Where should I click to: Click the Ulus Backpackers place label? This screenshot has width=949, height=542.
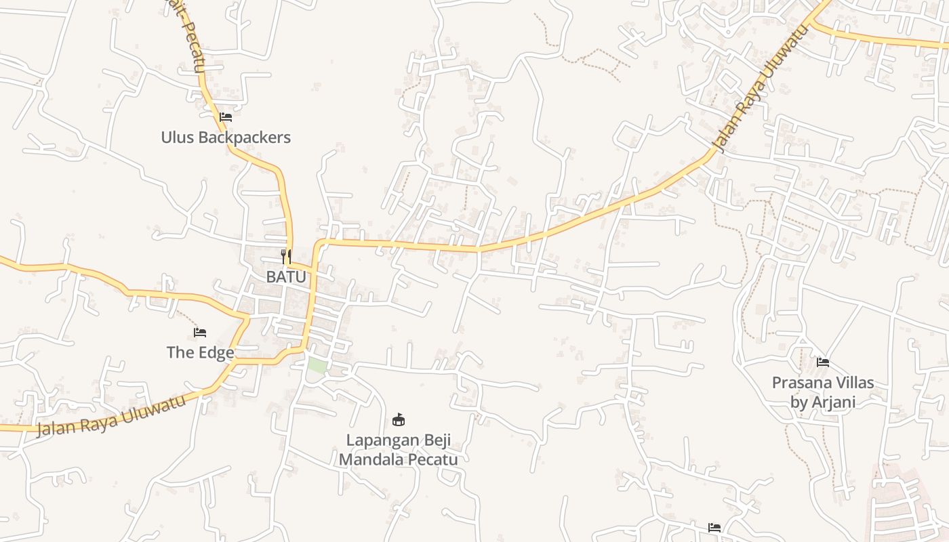coord(226,138)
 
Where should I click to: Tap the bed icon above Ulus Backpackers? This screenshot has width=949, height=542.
coord(226,117)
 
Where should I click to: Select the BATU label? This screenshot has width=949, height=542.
coord(286,276)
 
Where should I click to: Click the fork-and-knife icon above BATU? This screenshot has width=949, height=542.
coord(286,256)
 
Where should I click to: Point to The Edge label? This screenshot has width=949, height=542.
coord(201,352)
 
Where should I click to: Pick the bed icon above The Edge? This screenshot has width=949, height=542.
coord(200,332)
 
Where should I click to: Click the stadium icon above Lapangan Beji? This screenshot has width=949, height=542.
coord(399,419)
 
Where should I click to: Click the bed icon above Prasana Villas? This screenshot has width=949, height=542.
coord(823,362)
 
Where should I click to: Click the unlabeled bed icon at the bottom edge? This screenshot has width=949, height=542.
coord(714,527)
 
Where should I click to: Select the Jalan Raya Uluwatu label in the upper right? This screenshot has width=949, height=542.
coord(761,89)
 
